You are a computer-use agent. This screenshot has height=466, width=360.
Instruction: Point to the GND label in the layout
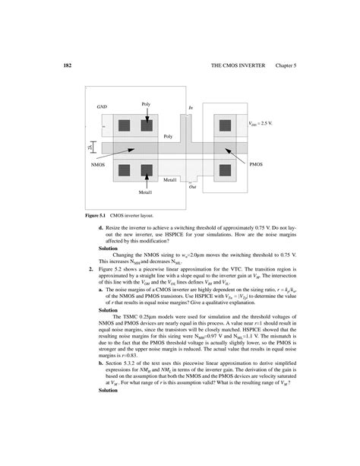102,108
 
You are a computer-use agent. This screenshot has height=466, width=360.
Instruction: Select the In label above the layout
190,109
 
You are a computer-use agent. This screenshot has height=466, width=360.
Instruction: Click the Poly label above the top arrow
147,103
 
